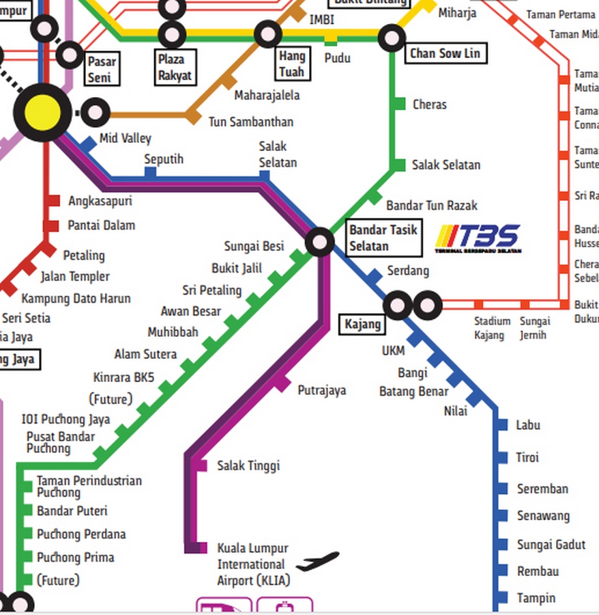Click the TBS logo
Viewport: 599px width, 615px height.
click(x=478, y=238)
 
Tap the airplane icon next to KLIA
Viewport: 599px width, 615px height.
click(x=317, y=562)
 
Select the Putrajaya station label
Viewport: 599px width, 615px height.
click(x=321, y=390)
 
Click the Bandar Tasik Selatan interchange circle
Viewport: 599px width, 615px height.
click(x=319, y=241)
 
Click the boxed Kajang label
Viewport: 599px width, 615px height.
click(x=362, y=324)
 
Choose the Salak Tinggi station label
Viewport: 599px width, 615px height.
click(x=248, y=466)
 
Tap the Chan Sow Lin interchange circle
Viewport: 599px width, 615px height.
click(x=392, y=38)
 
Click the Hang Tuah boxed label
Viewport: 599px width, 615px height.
click(x=291, y=64)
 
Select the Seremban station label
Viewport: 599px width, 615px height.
click(x=542, y=489)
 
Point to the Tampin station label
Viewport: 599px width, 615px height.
click(x=536, y=598)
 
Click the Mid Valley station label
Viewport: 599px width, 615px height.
click(x=126, y=139)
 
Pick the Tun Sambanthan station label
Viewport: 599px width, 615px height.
click(x=251, y=122)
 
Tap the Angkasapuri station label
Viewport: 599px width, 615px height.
click(x=100, y=201)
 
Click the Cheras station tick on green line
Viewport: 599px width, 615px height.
click(x=399, y=104)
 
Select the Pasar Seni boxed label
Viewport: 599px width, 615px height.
click(x=102, y=70)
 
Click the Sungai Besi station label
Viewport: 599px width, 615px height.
click(x=254, y=246)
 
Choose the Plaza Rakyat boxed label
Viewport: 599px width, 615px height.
click(x=175, y=67)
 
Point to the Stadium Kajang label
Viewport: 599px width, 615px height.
click(x=493, y=328)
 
